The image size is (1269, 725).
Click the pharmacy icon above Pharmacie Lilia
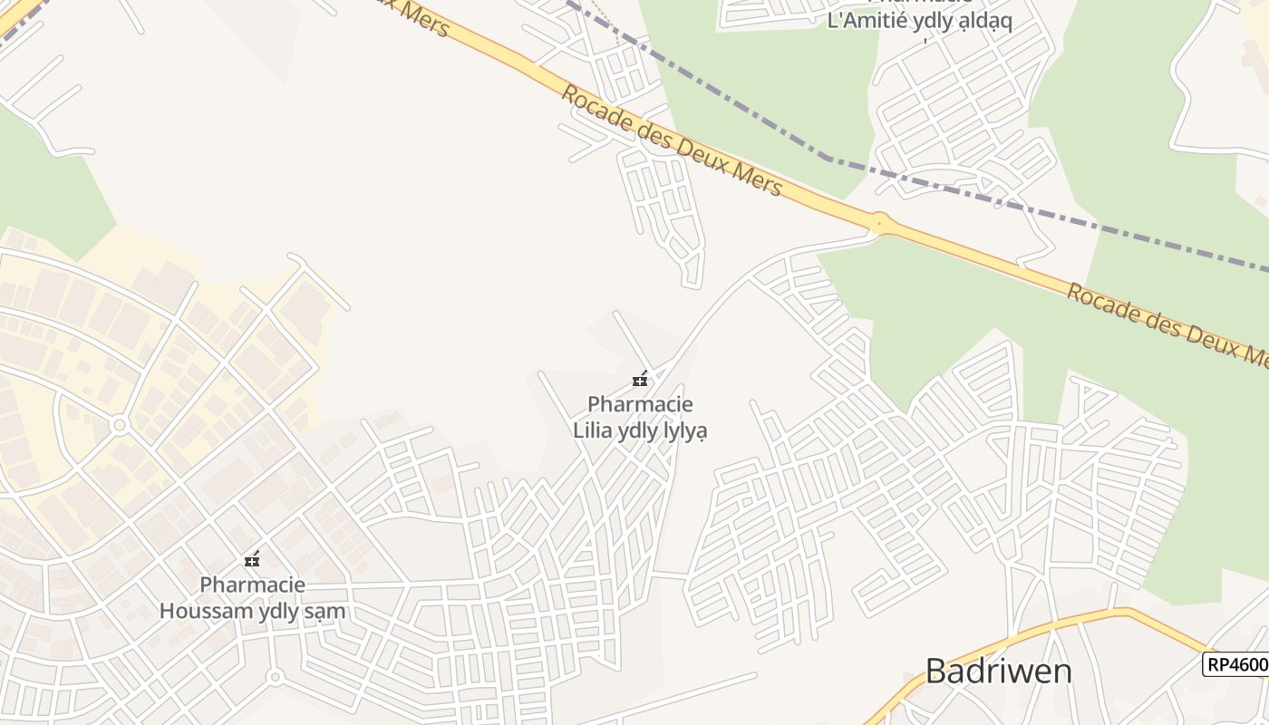click(x=640, y=379)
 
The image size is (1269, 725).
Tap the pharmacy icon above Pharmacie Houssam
click(x=252, y=559)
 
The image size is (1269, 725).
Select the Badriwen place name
click(x=998, y=672)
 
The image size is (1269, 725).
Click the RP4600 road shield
click(x=1235, y=664)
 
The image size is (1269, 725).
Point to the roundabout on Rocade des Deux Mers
click(x=877, y=221)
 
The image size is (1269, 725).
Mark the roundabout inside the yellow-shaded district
click(x=119, y=425)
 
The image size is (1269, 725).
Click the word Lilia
click(x=592, y=430)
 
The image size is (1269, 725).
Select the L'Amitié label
click(x=871, y=20)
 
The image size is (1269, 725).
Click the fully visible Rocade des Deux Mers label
click(x=671, y=140)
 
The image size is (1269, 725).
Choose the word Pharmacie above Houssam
click(x=252, y=585)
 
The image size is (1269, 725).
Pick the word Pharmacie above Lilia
click(x=640, y=403)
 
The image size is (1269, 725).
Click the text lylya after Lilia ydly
click(x=684, y=430)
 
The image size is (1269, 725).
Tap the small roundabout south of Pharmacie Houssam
click(x=276, y=676)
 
